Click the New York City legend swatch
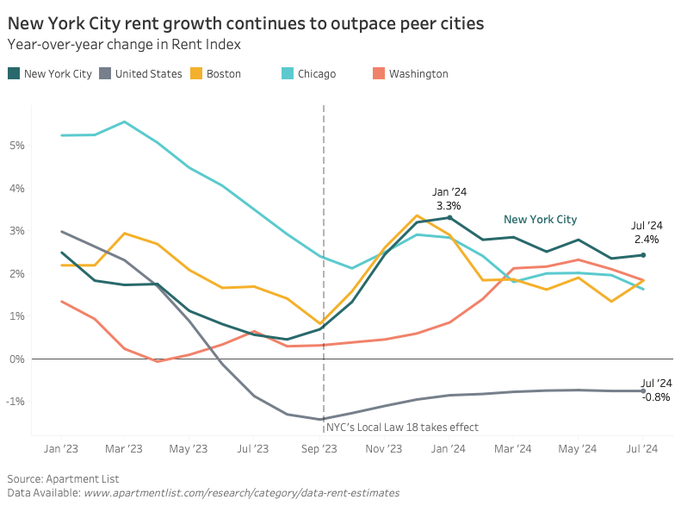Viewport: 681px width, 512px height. tap(14, 74)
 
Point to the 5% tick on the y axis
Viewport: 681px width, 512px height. tap(17, 145)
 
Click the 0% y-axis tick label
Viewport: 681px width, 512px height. tap(17, 359)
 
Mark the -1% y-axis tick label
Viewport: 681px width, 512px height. tap(16, 402)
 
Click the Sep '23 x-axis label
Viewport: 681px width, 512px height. tap(319, 448)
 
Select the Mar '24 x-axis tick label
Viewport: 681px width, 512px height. tap(513, 448)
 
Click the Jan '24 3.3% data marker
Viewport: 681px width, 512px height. tap(449, 217)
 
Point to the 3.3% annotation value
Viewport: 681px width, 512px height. tap(449, 206)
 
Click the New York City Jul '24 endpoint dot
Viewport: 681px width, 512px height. tap(643, 255)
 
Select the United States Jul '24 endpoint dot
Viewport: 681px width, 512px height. tap(643, 391)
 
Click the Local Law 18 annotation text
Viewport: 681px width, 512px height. tap(402, 427)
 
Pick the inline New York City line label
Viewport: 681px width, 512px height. tap(540, 220)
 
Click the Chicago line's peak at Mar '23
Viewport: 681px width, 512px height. tap(125, 122)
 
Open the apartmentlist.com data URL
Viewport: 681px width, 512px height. tap(241, 492)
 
